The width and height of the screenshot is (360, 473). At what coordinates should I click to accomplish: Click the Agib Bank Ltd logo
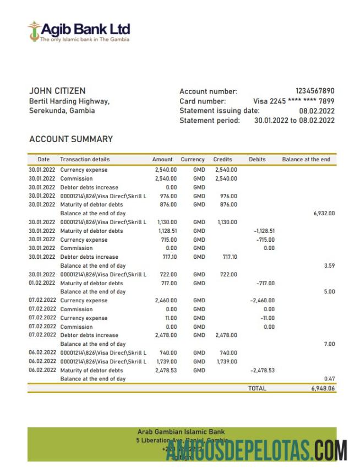tap(79, 31)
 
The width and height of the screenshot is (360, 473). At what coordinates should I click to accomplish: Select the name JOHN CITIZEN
tap(57, 91)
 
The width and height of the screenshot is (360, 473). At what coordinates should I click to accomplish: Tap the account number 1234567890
tap(315, 91)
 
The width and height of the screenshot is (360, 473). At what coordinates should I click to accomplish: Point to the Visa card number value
tap(293, 101)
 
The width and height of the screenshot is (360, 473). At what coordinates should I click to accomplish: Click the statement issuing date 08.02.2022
tap(317, 111)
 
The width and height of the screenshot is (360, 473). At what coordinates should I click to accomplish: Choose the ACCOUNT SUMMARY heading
tap(71, 139)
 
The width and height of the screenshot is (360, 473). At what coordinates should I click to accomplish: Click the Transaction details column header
tap(85, 160)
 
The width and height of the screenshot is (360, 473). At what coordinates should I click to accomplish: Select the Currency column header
tap(193, 160)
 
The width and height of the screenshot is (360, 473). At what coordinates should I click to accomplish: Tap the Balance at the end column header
tap(306, 160)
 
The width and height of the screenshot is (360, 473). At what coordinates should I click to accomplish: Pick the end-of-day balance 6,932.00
tap(324, 213)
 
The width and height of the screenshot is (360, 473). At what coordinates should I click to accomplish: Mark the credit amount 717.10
tap(230, 257)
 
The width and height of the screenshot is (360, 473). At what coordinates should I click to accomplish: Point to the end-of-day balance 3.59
tap(330, 266)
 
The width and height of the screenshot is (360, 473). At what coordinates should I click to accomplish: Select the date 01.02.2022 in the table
tap(42, 283)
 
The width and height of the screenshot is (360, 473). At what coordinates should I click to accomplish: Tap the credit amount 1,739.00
tap(226, 362)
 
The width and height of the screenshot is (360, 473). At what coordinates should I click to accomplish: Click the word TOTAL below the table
tap(257, 389)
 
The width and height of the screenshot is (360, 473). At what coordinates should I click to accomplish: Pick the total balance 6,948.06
tap(323, 389)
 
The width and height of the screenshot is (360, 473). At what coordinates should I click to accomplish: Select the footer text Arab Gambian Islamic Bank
tap(181, 432)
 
